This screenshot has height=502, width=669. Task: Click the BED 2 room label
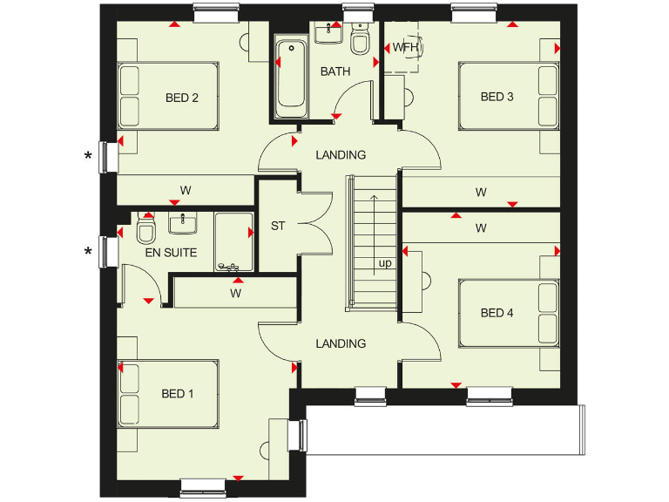[x=182, y=98]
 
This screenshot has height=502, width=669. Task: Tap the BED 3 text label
[x=497, y=97]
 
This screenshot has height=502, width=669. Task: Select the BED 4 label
[x=497, y=313]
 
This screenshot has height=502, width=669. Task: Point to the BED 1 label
[x=178, y=394]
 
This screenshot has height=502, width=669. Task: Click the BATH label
[x=334, y=71]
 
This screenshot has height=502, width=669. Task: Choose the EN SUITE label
[x=171, y=253]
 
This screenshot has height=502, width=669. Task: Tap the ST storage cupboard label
[x=278, y=227]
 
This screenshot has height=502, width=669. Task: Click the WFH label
[x=406, y=47]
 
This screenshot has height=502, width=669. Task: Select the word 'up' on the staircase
[x=384, y=262]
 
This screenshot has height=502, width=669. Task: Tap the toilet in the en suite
[x=146, y=232]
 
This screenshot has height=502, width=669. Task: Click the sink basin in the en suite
[x=183, y=223]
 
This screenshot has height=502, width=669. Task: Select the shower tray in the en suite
[x=232, y=240]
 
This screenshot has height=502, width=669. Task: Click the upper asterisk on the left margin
[x=87, y=157]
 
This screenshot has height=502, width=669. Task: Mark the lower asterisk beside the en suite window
[x=87, y=253]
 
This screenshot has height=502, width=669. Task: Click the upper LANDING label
[x=341, y=155]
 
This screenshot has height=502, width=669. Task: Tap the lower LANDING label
[x=341, y=343]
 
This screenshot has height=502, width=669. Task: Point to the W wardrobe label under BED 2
[x=186, y=189]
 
